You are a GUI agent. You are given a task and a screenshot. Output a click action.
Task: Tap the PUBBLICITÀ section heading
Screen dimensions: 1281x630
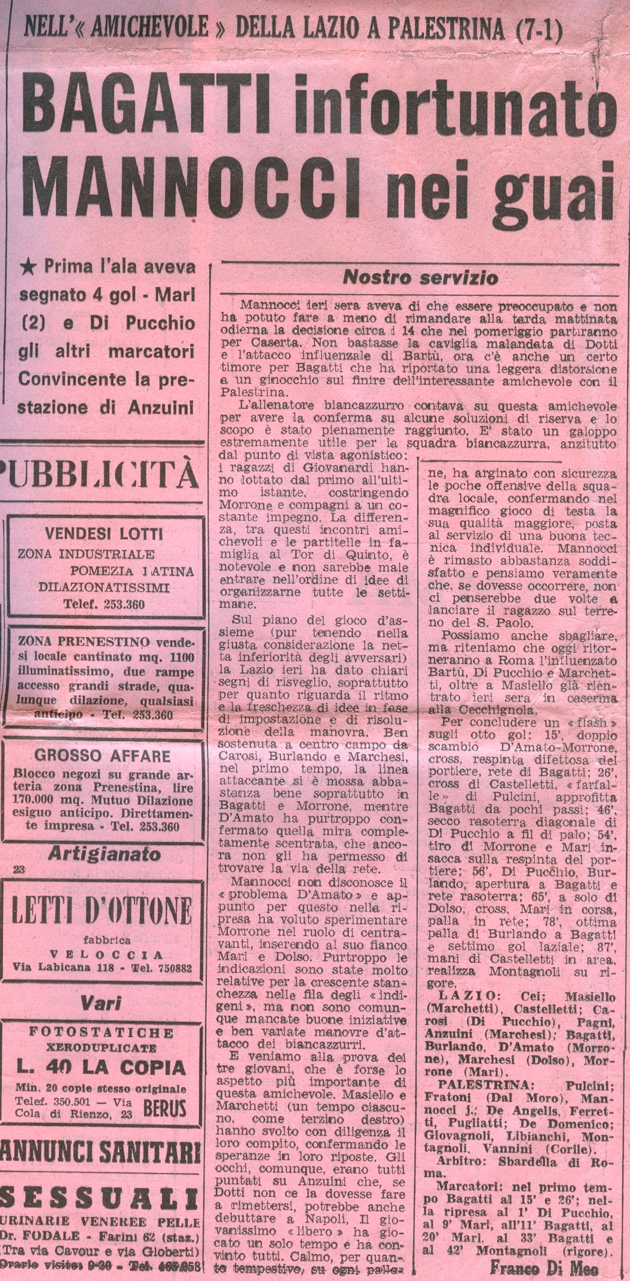coord(100,475)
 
